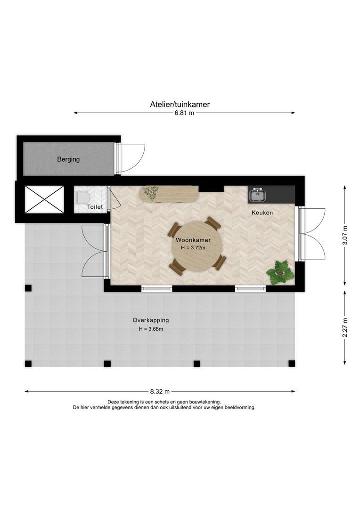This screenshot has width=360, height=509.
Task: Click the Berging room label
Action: pyautogui.click(x=68, y=159)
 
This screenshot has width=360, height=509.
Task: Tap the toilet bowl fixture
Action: pyautogui.click(x=81, y=197)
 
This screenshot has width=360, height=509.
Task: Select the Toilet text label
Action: pyautogui.click(x=95, y=207)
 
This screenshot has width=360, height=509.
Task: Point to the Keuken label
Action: pyautogui.click(x=262, y=213)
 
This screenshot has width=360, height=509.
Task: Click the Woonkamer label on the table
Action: pyautogui.click(x=193, y=240)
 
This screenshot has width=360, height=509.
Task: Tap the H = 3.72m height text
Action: pyautogui.click(x=193, y=248)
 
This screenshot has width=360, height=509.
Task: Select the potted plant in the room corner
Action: pyautogui.click(x=280, y=273)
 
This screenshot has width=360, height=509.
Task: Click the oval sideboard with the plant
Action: pyautogui.click(x=169, y=194)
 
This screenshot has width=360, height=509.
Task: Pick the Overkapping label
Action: pyautogui.click(x=151, y=320)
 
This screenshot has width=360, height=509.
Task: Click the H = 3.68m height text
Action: pyautogui.click(x=151, y=329)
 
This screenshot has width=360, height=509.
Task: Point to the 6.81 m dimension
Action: pyautogui.click(x=184, y=113)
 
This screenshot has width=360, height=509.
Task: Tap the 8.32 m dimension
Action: pyautogui.click(x=160, y=392)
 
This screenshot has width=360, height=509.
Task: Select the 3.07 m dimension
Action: pyautogui.click(x=345, y=235)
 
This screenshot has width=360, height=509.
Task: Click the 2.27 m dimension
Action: pyautogui.click(x=345, y=328)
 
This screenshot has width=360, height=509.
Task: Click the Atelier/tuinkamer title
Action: pyautogui.click(x=180, y=104)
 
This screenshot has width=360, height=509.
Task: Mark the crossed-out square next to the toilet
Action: pyautogui.click(x=44, y=200)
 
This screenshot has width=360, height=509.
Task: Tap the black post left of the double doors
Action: pyautogui.click(x=28, y=288)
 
